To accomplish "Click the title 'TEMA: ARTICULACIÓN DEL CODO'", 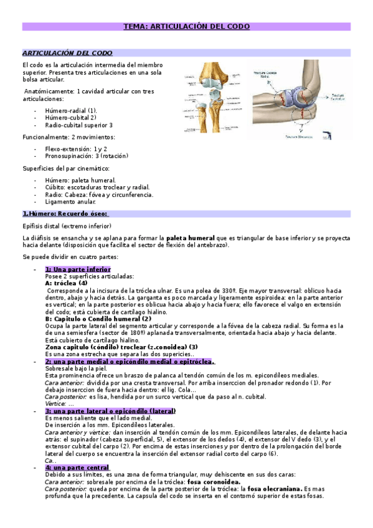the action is pyautogui.click(x=186, y=27).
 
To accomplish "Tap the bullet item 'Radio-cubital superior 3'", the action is pyautogui.click(x=79, y=125).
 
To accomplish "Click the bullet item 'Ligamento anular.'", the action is pyautogui.click(x=70, y=202).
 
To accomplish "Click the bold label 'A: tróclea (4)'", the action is pyautogui.click(x=67, y=283).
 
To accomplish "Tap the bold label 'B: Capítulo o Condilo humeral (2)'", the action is pyautogui.click(x=98, y=318).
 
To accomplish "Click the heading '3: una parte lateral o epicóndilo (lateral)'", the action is pyautogui.click(x=110, y=394).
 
